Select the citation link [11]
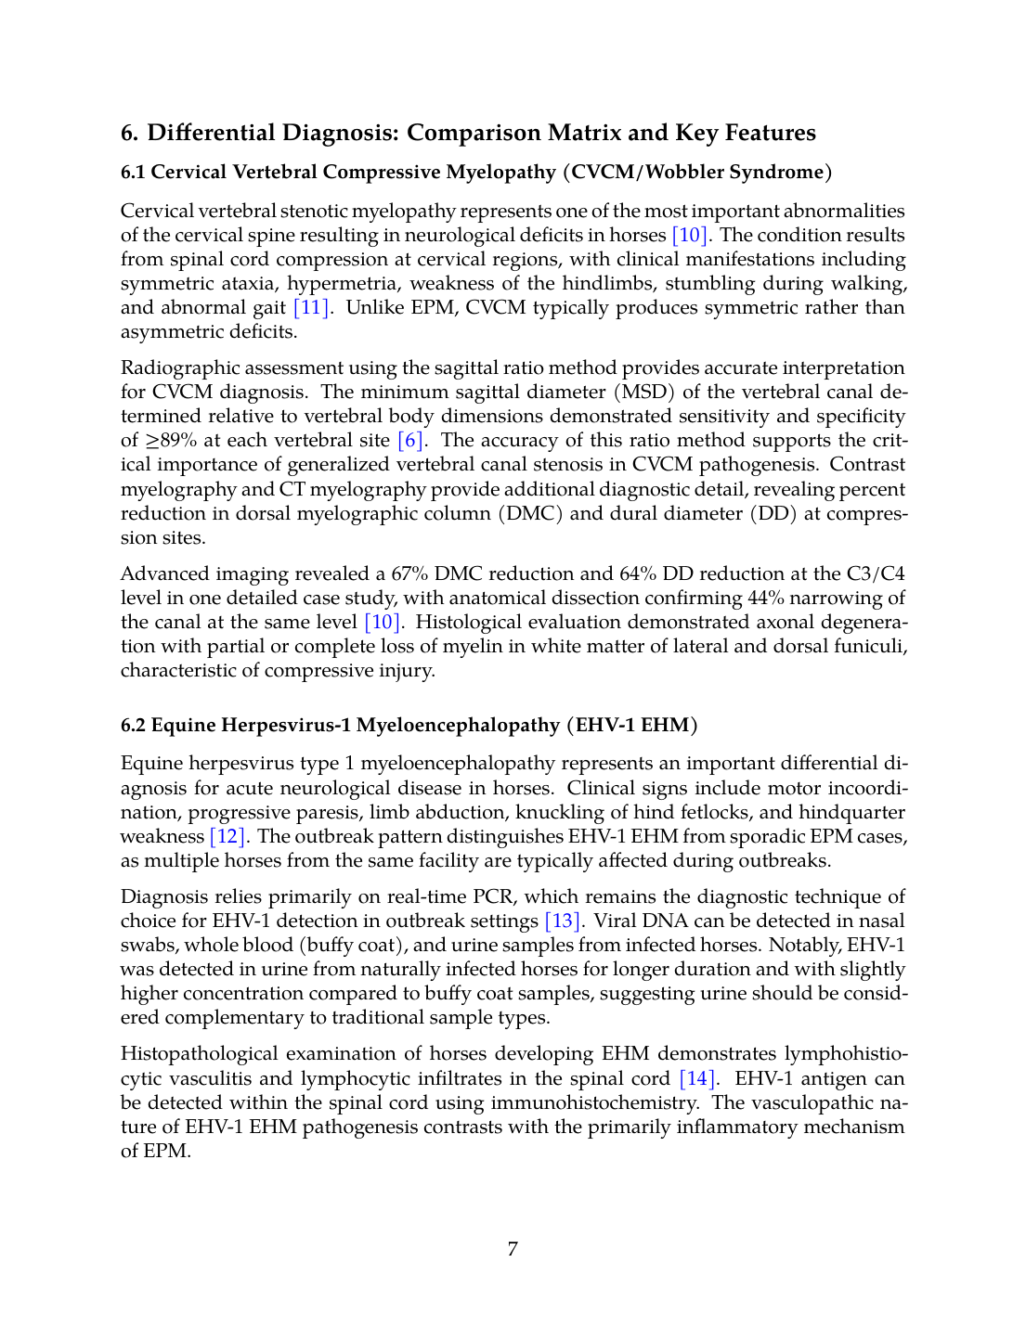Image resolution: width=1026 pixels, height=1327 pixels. pos(311,307)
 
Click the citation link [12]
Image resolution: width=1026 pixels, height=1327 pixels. pos(227,836)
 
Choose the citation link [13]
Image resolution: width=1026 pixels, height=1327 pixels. pos(563,921)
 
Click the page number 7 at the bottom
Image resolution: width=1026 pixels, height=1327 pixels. pos(513,1249)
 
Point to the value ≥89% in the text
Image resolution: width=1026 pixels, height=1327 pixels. pos(170,440)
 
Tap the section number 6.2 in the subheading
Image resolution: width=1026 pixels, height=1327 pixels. pos(134,725)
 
